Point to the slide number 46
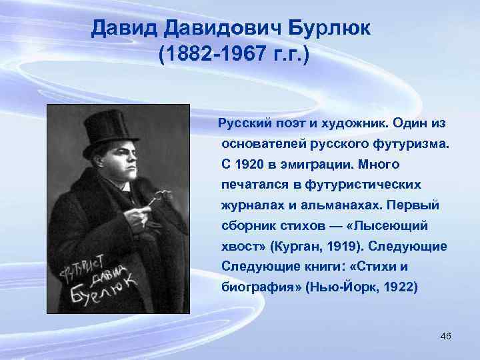pos(446,335)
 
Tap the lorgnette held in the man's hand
pos(155,199)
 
